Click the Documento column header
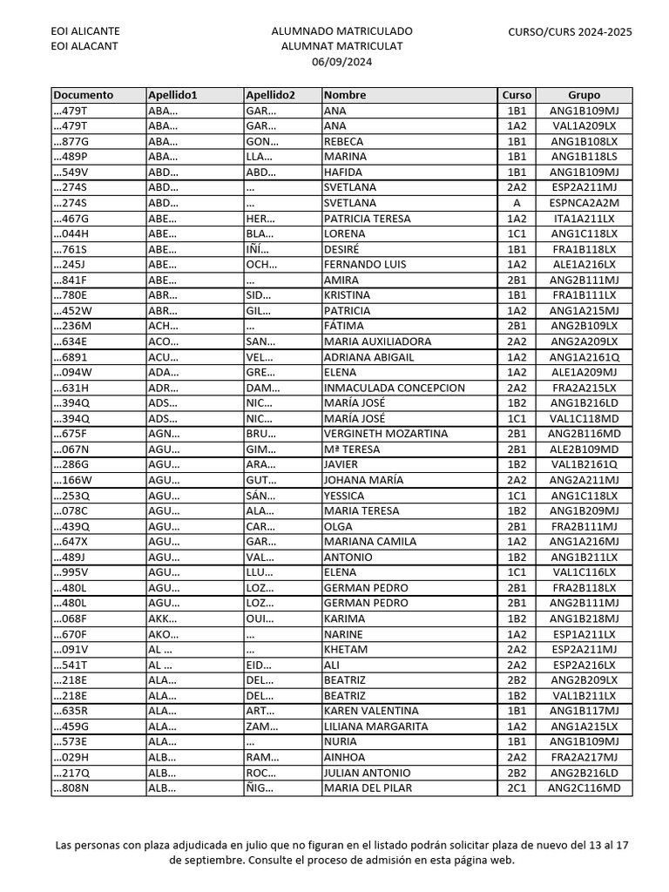[x=84, y=95]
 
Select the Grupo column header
[x=584, y=95]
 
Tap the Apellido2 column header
[x=271, y=95]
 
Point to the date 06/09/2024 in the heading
[x=341, y=61]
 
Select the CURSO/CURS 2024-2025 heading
[x=570, y=32]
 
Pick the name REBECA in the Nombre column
[x=344, y=141]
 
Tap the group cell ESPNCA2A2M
[x=584, y=203]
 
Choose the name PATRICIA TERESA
[x=367, y=219]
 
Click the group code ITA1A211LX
[x=584, y=219]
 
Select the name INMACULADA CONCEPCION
[x=395, y=388]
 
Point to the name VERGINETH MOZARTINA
[x=386, y=434]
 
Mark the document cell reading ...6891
[x=71, y=357]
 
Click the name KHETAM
[x=345, y=650]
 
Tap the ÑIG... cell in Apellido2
[x=260, y=788]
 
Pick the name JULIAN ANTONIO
[x=367, y=773]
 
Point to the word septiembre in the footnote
[x=208, y=860]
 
